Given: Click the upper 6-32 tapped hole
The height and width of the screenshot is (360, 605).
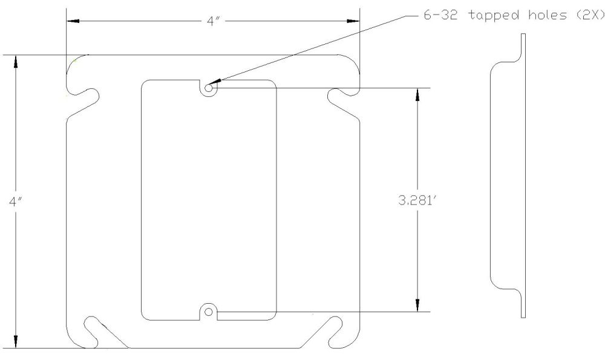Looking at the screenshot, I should [209, 88].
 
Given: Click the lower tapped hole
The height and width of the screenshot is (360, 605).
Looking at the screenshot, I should [209, 312].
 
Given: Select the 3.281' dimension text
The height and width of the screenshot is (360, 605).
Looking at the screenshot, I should [416, 200].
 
